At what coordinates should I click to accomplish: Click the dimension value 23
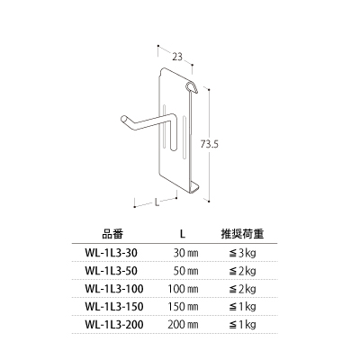[x=177, y=57]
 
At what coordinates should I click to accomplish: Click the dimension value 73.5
[x=210, y=144]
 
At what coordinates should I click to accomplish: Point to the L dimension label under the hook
[x=157, y=202]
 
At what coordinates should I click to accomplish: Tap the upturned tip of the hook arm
[x=123, y=119]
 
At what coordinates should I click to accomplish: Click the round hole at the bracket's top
[x=190, y=87]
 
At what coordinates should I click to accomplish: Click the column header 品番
[x=112, y=234]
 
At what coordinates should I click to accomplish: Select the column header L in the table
[x=183, y=234]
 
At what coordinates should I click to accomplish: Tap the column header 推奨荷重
[x=242, y=234]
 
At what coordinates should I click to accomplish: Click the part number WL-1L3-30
[x=112, y=253]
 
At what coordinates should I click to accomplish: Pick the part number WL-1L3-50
[x=112, y=271]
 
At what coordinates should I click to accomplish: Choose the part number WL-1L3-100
[x=114, y=289]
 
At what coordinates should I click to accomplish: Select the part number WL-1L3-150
[x=114, y=307]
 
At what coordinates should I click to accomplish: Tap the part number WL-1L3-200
[x=114, y=325]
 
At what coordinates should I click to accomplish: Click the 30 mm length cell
[x=186, y=253]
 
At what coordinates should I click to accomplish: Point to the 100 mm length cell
[x=183, y=289]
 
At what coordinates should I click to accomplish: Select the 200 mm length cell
[x=183, y=325]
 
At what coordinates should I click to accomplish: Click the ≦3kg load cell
[x=242, y=254]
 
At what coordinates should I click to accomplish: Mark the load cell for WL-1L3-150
[x=242, y=307]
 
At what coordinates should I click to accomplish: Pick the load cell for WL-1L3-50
[x=242, y=271]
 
